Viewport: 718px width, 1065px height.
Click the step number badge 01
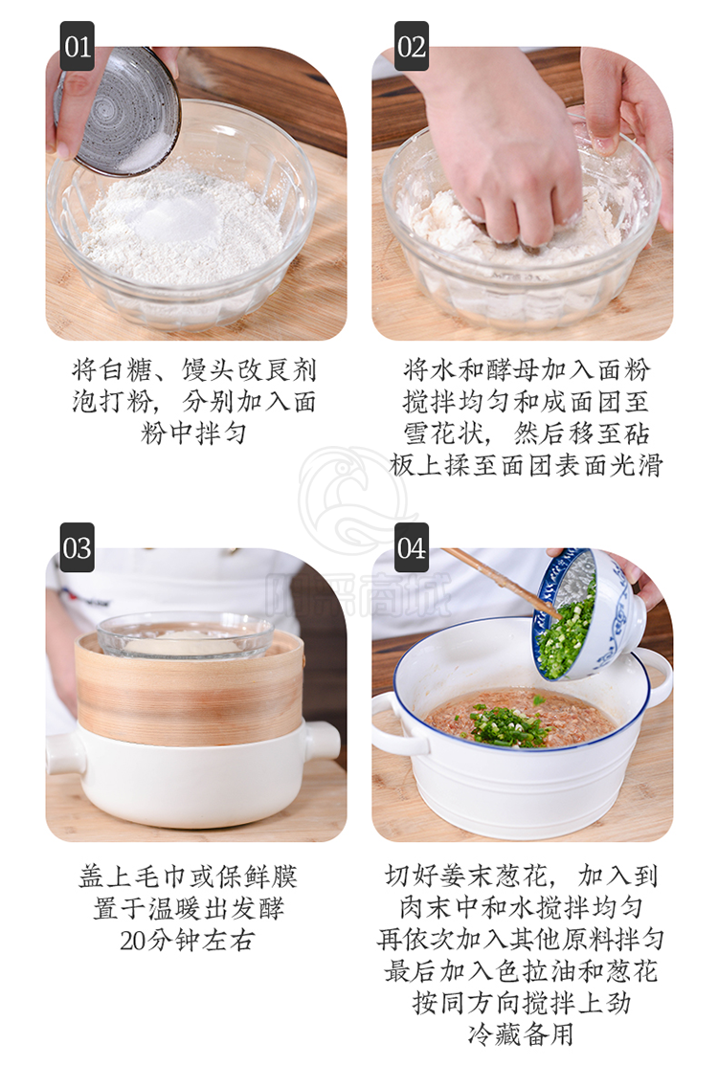coord(77,46)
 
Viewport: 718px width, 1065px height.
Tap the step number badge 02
coord(411,46)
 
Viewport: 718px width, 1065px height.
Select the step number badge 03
coord(77,547)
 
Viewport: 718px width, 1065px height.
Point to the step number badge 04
coord(411,547)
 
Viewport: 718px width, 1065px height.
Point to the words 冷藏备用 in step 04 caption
coord(521,1033)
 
